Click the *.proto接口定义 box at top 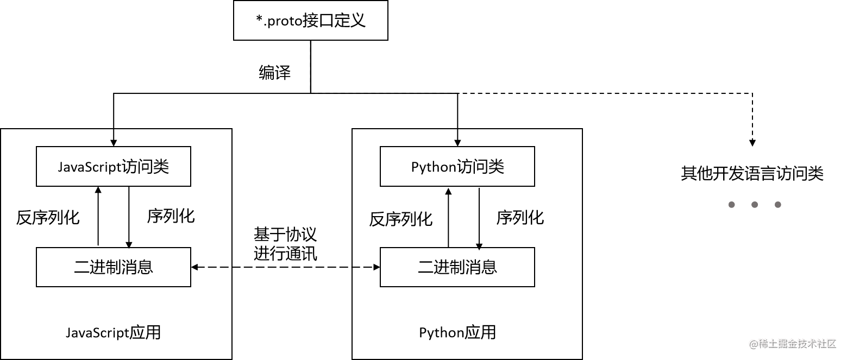coord(310,20)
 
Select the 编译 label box coord(274,72)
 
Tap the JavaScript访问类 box coord(114,166)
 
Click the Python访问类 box coord(457,166)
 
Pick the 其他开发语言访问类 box coord(752,173)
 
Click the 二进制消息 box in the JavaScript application coord(114,267)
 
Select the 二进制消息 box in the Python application coord(457,267)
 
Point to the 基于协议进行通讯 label coord(285,244)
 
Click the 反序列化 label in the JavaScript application coord(48,218)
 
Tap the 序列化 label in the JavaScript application coord(171,216)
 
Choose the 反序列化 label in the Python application coord(400,219)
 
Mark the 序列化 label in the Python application coord(520,218)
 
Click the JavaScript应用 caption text coord(113,332)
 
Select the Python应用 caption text coord(457,332)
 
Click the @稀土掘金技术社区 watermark coord(791,343)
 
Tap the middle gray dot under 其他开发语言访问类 coord(754,205)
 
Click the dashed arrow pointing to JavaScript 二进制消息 coord(211,267)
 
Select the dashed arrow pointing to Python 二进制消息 coord(366,267)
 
